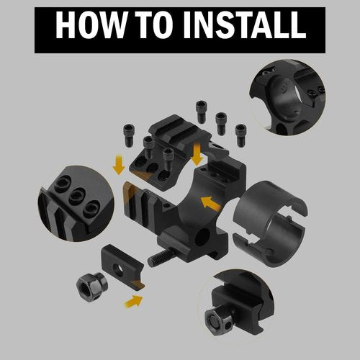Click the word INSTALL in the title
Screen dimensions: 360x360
(245, 24)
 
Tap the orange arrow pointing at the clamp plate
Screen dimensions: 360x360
(133, 302)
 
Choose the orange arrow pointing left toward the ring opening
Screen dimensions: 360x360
(210, 204)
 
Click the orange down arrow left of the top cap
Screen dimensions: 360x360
(119, 165)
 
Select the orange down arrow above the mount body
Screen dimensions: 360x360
(197, 155)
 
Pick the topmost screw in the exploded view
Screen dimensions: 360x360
(202, 112)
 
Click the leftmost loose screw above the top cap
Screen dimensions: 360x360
(129, 135)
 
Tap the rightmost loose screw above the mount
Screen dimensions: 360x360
(240, 135)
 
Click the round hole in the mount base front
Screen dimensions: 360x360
(202, 237)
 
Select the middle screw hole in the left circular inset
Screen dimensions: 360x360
(77, 196)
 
